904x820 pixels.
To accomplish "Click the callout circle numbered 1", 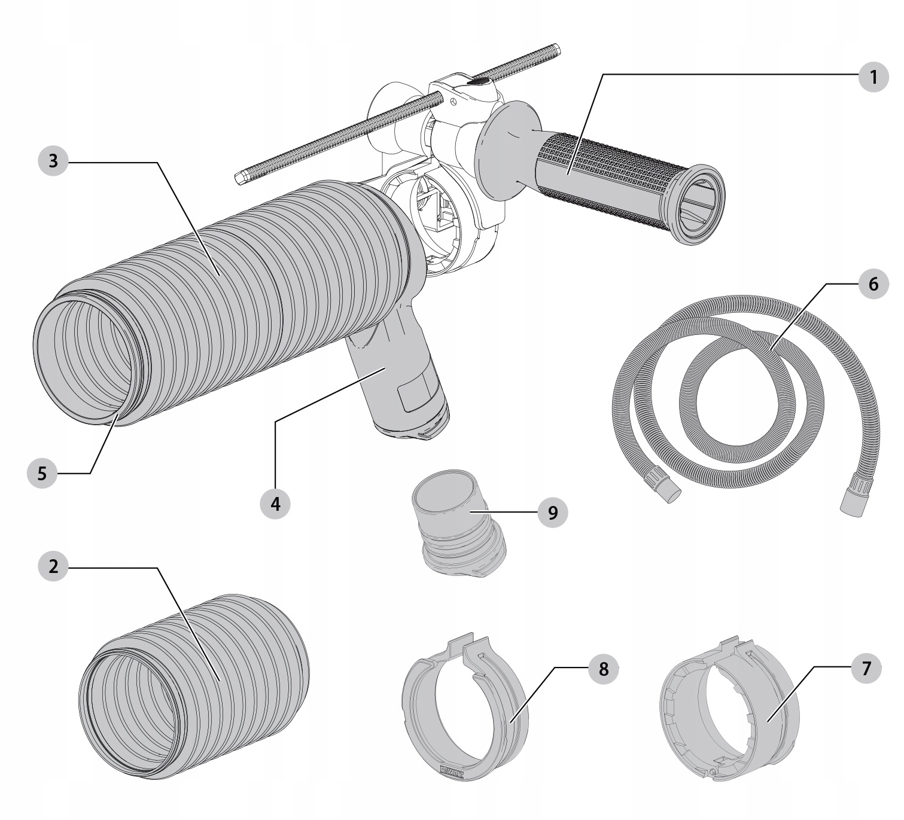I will [873, 77].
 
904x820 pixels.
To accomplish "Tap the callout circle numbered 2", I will [54, 566].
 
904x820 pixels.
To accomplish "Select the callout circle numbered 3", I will [54, 161].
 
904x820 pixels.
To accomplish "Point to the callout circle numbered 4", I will [275, 504].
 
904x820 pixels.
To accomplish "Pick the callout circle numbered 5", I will [42, 473].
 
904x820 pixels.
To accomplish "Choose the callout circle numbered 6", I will [873, 284].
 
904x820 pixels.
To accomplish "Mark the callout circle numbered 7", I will [866, 669].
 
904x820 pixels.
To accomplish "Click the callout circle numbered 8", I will [603, 669].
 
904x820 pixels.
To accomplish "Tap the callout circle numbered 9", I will [552, 513].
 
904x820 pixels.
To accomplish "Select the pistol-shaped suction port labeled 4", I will [398, 383].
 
